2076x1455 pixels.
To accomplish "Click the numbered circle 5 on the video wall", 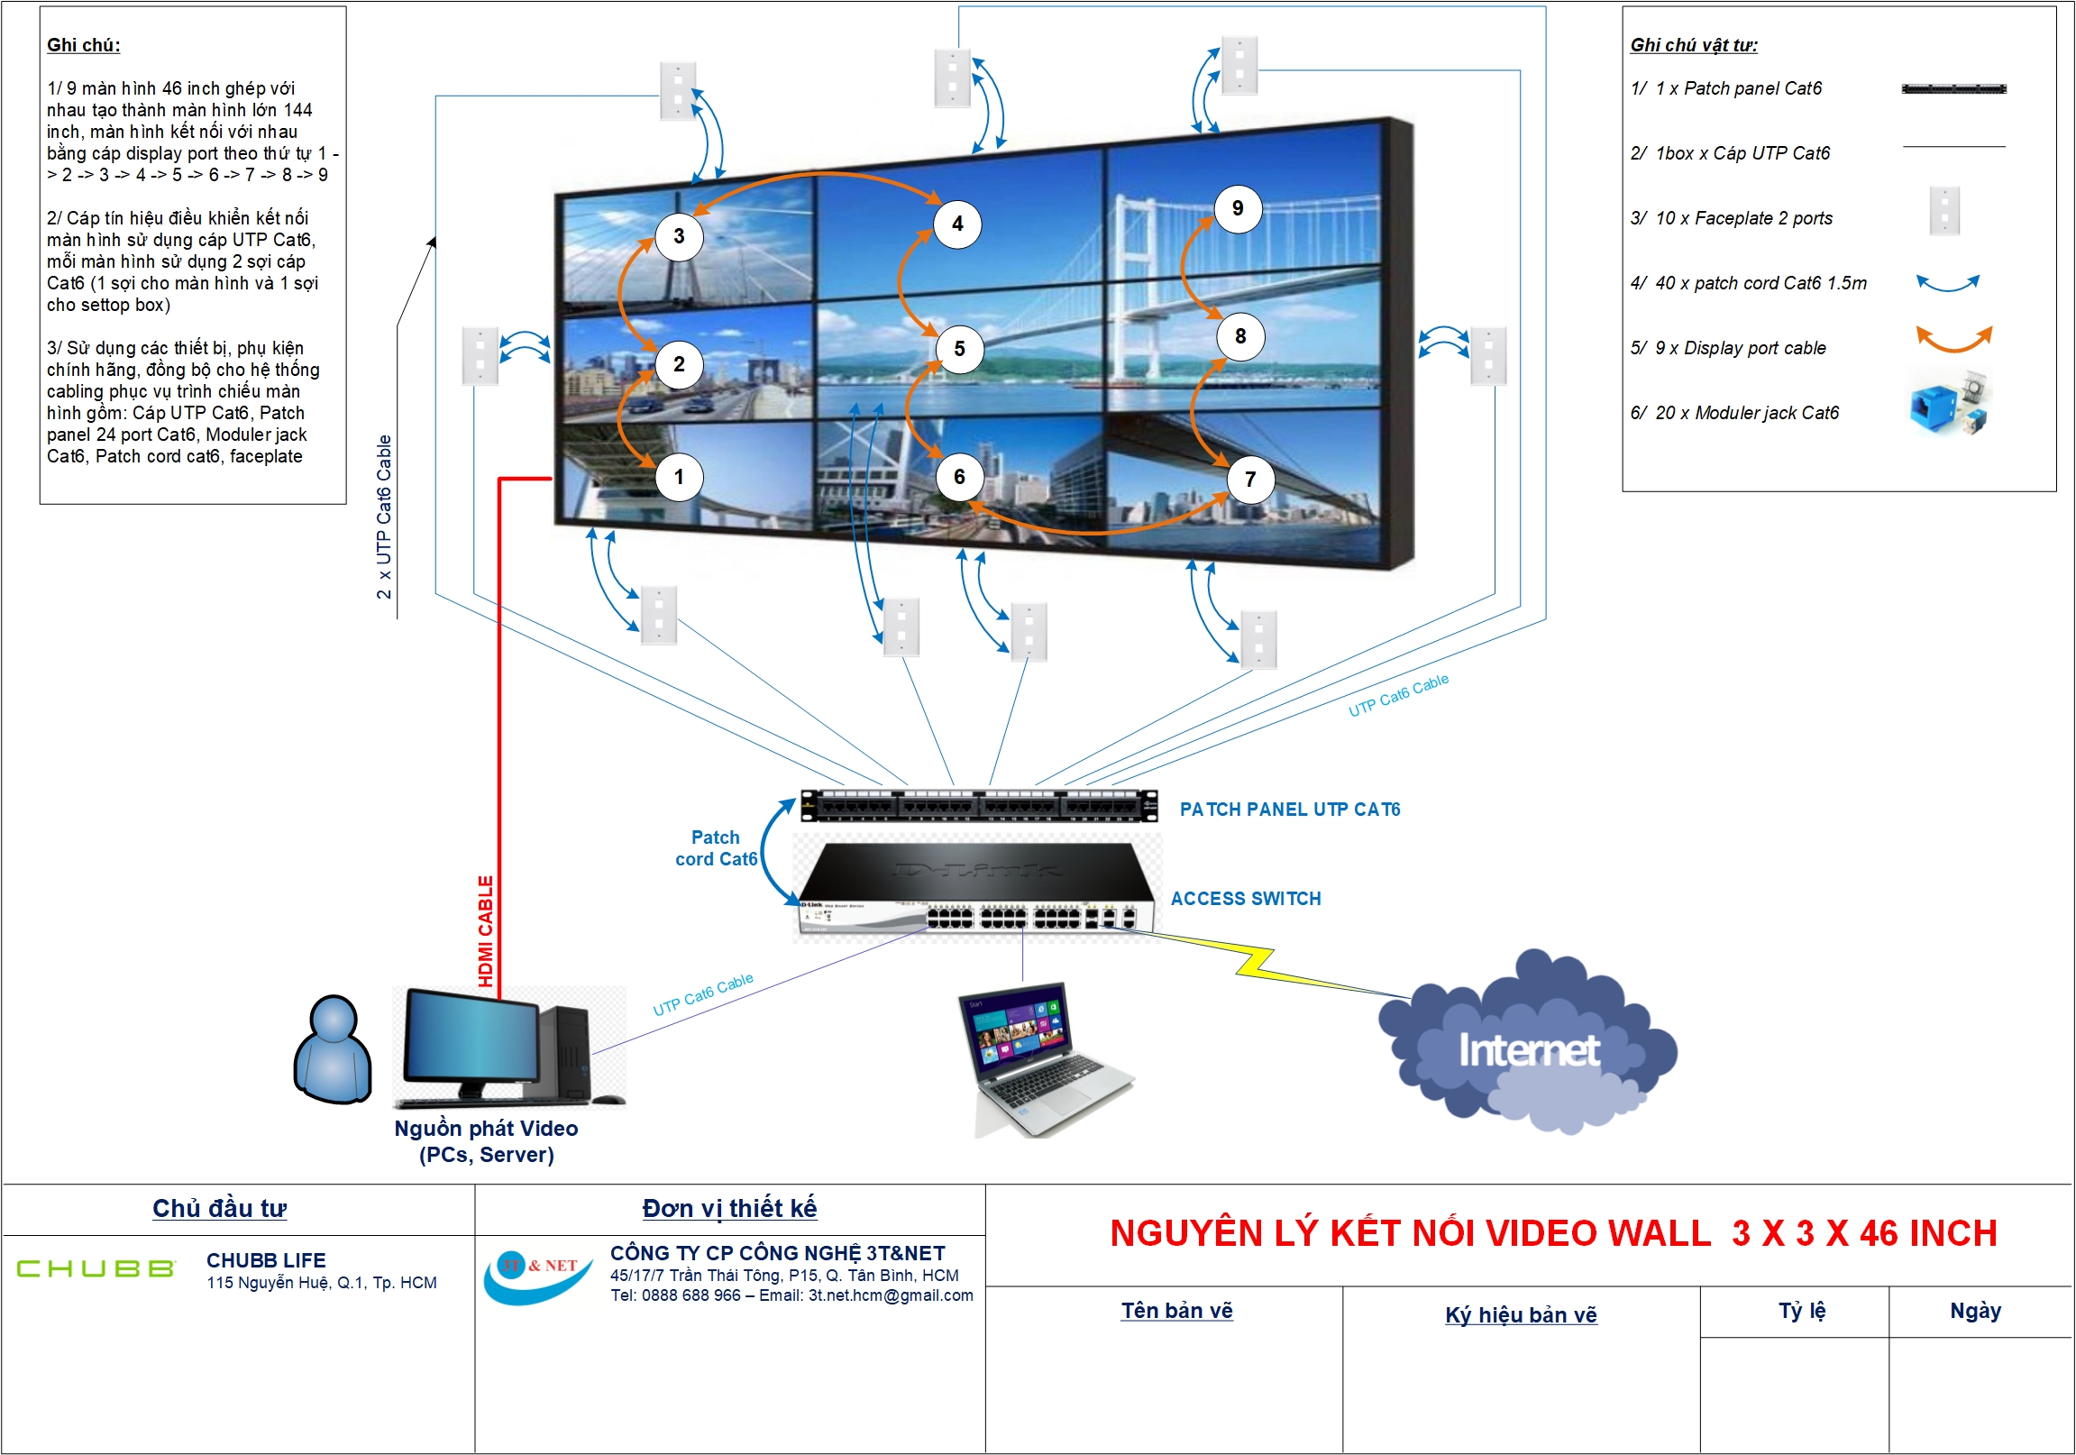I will tap(959, 349).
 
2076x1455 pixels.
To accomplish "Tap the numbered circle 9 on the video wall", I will tap(1237, 209).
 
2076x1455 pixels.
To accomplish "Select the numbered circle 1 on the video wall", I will tap(678, 477).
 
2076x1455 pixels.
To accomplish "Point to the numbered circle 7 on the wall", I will tap(1249, 480).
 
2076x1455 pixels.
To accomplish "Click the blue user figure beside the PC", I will tap(333, 1051).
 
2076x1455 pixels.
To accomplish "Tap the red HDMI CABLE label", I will tap(486, 930).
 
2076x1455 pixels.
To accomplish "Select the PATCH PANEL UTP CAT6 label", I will tap(1289, 810).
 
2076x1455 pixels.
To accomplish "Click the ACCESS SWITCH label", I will tap(1245, 899).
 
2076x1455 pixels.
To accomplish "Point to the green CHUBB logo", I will tap(96, 1268).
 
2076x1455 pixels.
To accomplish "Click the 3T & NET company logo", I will tap(538, 1275).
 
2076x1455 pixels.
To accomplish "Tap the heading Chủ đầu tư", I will tap(219, 1208).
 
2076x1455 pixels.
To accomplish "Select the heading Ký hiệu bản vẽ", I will tap(1521, 1314).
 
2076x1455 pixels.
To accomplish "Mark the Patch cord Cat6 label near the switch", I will tap(715, 848).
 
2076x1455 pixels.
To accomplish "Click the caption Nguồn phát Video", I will tap(486, 1129).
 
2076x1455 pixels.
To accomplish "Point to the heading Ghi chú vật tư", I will tap(1694, 45).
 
